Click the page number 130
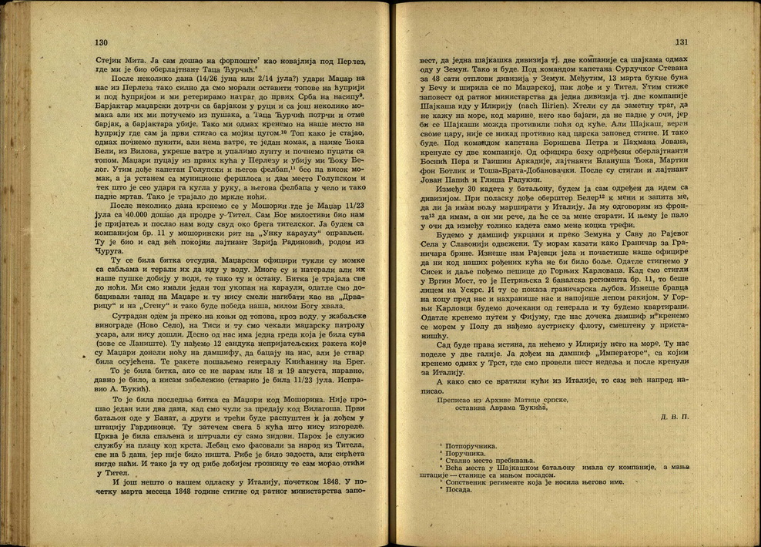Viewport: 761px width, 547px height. click(101, 43)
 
